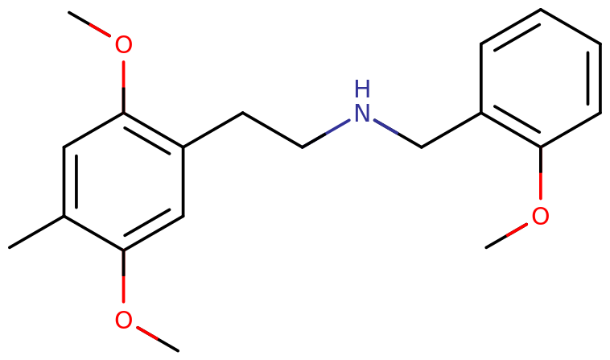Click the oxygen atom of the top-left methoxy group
pyautogui.click(x=123, y=45)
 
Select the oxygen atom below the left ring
pyautogui.click(x=123, y=320)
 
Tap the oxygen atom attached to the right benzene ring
pyautogui.click(x=540, y=216)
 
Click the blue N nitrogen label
pyautogui.click(x=362, y=114)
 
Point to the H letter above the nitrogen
pyautogui.click(x=362, y=89)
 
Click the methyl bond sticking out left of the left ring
pyautogui.click(x=36, y=232)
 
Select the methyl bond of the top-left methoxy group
pyautogui.click(x=89, y=24)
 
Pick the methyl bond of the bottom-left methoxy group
pyautogui.click(x=158, y=339)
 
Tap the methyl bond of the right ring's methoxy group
pyautogui.click(x=506, y=235)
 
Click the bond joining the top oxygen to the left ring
pyautogui.click(x=123, y=87)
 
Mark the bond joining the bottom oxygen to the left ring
pyautogui.click(x=123, y=276)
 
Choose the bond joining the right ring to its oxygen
pyautogui.click(x=540, y=173)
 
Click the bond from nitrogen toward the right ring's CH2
pyautogui.click(x=398, y=134)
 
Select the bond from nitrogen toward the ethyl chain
pyautogui.click(x=326, y=134)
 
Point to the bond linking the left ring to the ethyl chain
pyautogui.click(x=212, y=130)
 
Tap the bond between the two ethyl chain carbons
pyautogui.click(x=273, y=130)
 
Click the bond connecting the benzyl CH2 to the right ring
pyautogui.click(x=451, y=130)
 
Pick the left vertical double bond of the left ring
pyautogui.click(x=70, y=181)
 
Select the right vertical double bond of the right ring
pyautogui.click(x=595, y=79)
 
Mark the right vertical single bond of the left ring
pyautogui.click(x=183, y=181)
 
